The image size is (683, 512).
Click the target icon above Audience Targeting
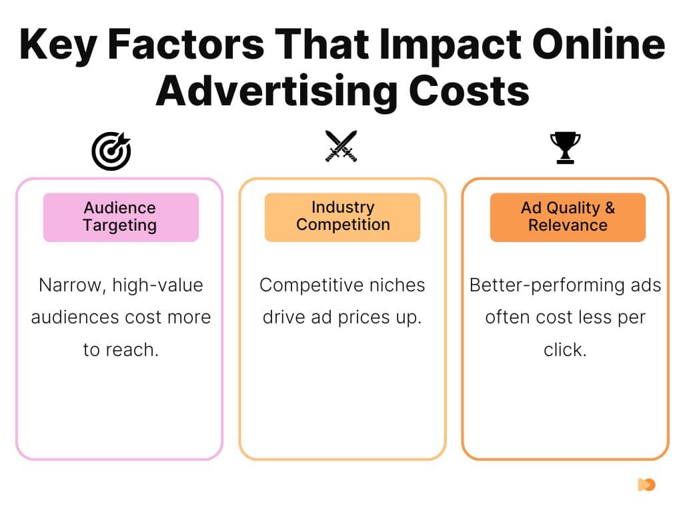point(111,150)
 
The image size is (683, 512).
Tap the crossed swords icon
point(341,145)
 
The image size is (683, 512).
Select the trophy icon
point(565,147)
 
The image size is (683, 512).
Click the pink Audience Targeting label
point(121,217)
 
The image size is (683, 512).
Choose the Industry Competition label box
point(342,217)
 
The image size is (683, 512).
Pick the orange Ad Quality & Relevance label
point(568,217)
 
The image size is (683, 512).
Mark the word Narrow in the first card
point(69,285)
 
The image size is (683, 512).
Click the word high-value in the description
point(157,285)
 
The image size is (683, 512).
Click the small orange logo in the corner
point(646,485)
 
